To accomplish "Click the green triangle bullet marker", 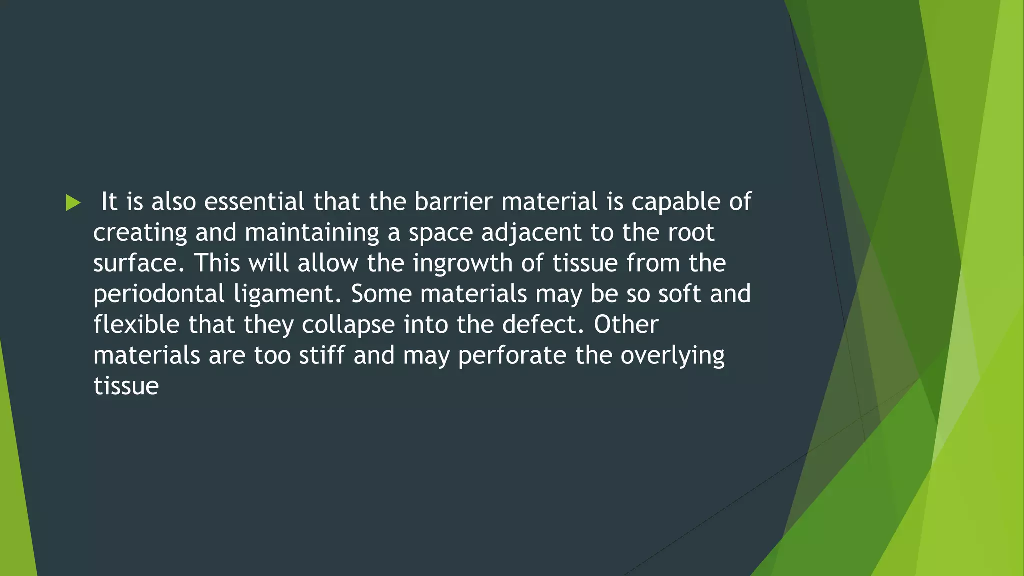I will pyautogui.click(x=73, y=203).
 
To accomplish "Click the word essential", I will pyautogui.click(x=254, y=202).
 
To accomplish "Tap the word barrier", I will pyautogui.click(x=453, y=202).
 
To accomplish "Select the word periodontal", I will pyautogui.click(x=159, y=294).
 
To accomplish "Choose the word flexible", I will pyautogui.click(x=136, y=325).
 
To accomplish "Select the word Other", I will pyautogui.click(x=626, y=325).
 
